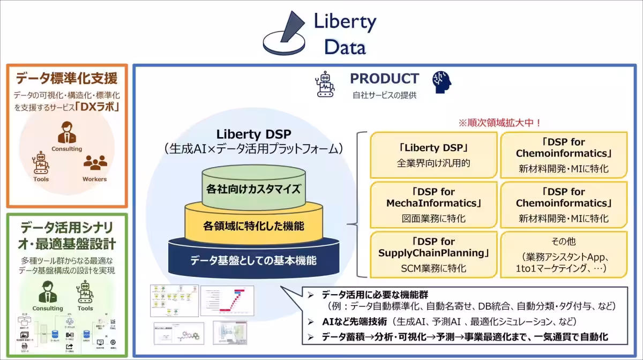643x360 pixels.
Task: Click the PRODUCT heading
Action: pos(384,79)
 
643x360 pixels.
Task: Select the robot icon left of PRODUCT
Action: pos(325,84)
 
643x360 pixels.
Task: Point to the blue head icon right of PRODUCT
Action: pos(442,82)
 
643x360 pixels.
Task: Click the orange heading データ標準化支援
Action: pos(66,78)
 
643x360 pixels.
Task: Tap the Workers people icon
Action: pos(95,163)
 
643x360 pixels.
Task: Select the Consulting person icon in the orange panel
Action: pos(67,131)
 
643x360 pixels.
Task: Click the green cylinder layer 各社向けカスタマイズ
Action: pos(246,189)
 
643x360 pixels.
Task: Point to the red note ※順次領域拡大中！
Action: pos(499,123)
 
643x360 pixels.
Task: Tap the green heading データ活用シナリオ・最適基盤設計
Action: pos(66,236)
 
